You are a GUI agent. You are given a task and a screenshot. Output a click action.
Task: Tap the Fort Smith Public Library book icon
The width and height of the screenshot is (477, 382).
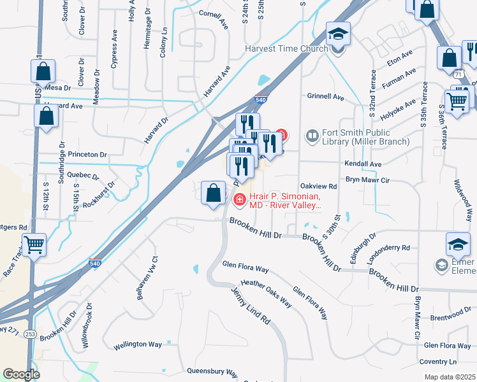[x=312, y=135]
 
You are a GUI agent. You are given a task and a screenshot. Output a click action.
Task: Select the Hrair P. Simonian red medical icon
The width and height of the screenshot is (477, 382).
[x=240, y=200]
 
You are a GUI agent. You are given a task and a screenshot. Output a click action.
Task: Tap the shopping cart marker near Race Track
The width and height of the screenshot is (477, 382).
[x=34, y=244]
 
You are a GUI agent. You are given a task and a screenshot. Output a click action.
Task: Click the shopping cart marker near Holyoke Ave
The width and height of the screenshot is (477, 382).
[x=457, y=100]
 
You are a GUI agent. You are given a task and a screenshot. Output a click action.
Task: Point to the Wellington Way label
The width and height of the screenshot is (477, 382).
[x=138, y=345]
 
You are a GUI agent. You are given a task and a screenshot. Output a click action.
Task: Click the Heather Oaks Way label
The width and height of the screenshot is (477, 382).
[x=266, y=294]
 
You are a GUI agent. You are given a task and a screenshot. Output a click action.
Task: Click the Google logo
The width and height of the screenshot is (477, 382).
[x=21, y=374]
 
